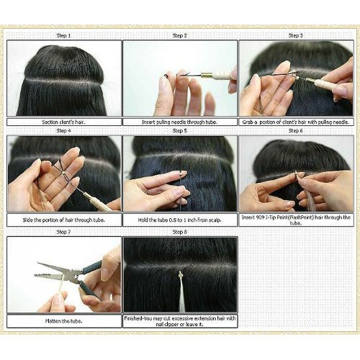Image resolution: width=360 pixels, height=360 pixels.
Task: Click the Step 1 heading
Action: (63, 35)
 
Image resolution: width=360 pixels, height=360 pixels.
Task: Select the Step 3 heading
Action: (295, 35)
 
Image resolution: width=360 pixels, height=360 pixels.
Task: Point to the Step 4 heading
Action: (63, 131)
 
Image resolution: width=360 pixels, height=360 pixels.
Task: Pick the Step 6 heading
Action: (295, 131)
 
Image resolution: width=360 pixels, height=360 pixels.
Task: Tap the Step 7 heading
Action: (63, 232)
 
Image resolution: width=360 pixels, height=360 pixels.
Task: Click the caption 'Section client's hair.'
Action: (63, 122)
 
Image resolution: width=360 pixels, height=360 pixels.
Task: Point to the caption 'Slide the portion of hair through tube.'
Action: (63, 219)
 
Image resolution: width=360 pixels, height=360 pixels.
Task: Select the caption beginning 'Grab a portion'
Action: (295, 122)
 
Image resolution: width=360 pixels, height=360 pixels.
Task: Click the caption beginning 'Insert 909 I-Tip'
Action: (295, 219)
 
